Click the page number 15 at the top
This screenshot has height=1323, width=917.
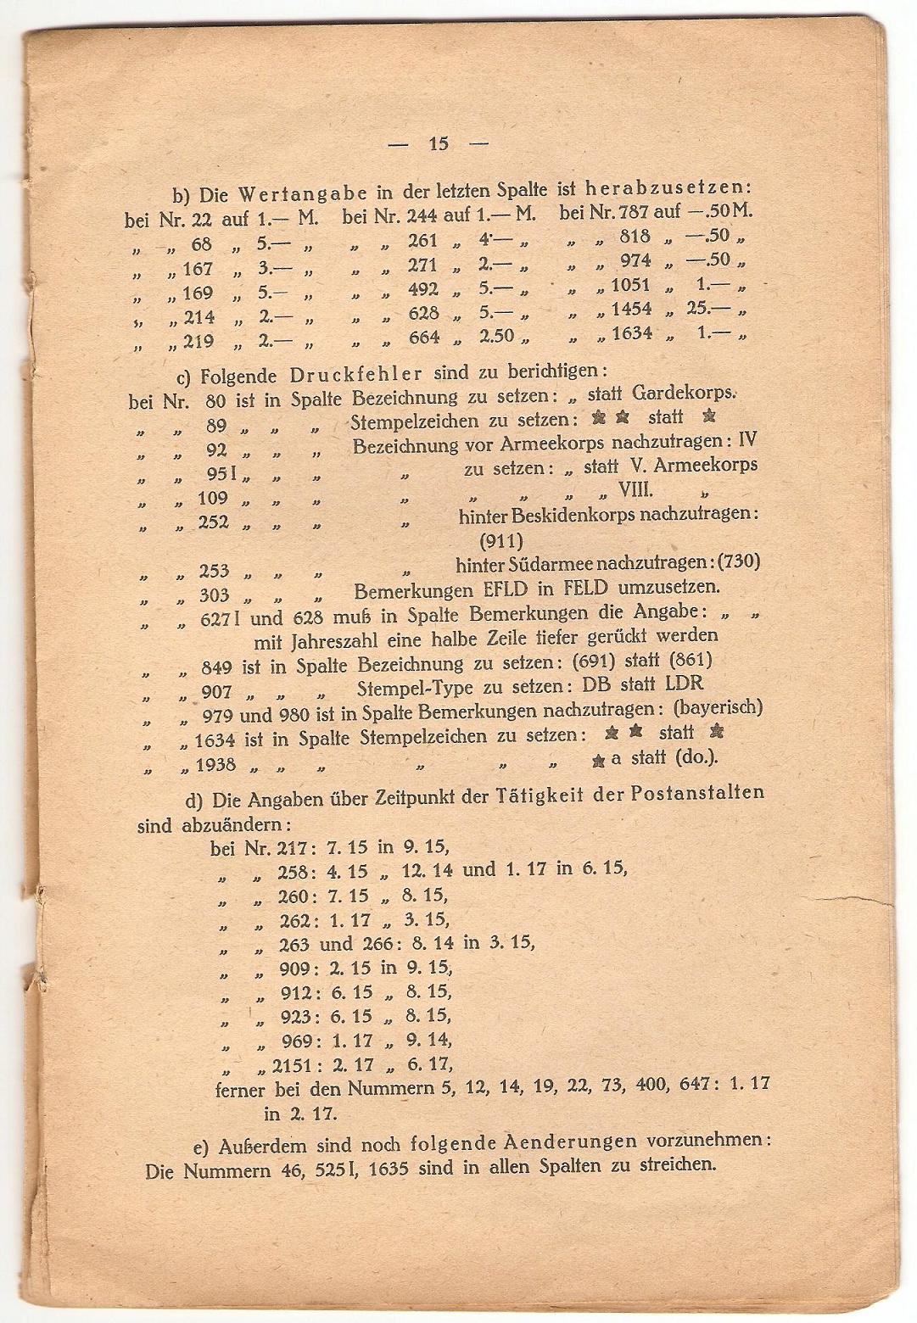(x=439, y=143)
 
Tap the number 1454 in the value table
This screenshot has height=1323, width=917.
(x=632, y=309)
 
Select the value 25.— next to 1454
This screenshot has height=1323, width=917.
(x=709, y=308)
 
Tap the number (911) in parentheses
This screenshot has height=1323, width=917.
(x=501, y=539)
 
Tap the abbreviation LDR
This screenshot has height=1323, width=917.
(x=684, y=684)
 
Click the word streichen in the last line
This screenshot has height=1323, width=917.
(x=676, y=1164)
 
